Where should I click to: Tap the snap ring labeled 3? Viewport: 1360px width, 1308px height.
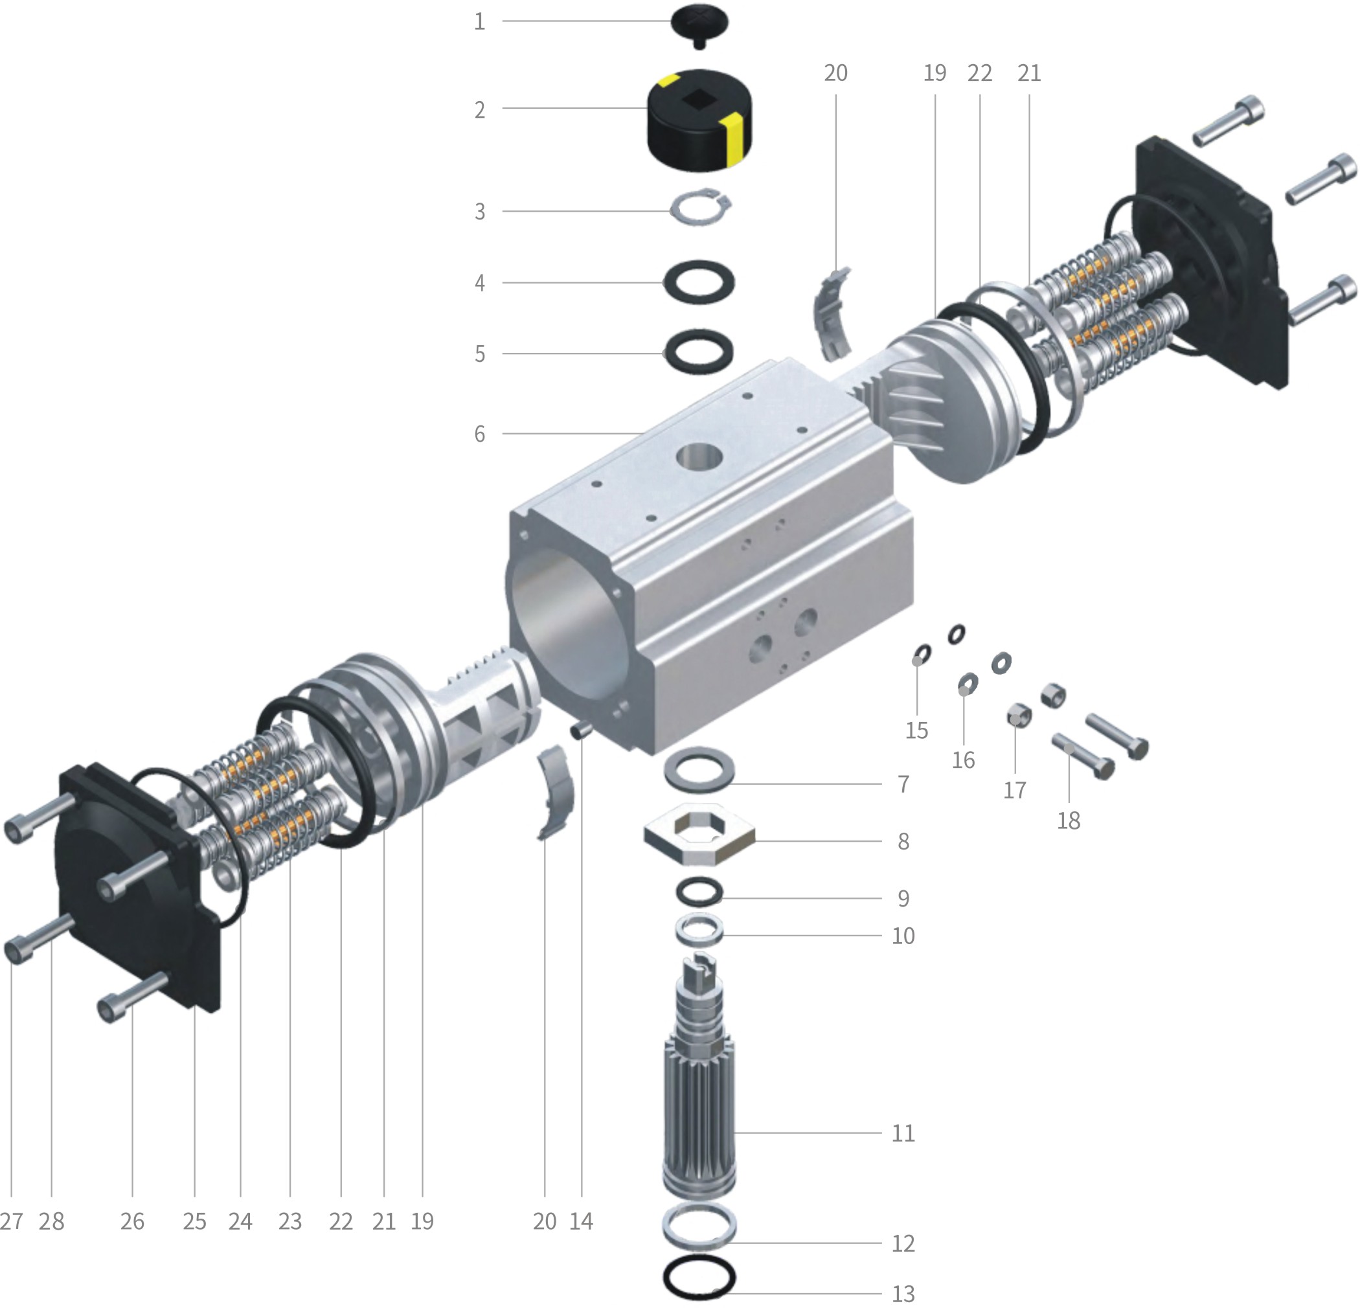click(x=700, y=207)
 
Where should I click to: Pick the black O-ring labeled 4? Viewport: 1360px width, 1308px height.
click(x=699, y=282)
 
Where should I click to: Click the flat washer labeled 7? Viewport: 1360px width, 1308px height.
click(x=700, y=767)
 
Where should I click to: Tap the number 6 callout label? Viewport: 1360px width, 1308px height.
click(x=479, y=434)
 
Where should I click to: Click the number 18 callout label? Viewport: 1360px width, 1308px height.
click(x=1069, y=821)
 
